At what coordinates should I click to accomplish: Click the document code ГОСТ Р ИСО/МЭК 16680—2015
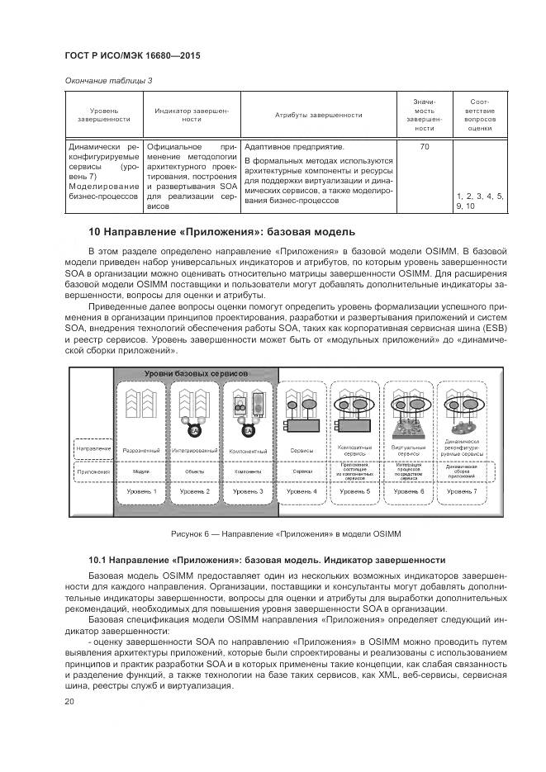pyautogui.click(x=132, y=56)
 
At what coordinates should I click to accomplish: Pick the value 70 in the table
pyautogui.click(x=424, y=146)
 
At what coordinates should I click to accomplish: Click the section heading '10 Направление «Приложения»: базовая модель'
pyautogui.click(x=221, y=230)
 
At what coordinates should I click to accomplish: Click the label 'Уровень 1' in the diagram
pyautogui.click(x=141, y=491)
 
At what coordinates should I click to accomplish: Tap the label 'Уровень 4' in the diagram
pyautogui.click(x=302, y=491)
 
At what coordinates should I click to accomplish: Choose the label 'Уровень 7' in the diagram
pyautogui.click(x=463, y=491)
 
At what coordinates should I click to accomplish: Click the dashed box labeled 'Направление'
pyautogui.click(x=91, y=448)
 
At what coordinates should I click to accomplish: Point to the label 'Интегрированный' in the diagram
pyautogui.click(x=195, y=451)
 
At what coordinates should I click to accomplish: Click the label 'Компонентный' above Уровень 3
pyautogui.click(x=249, y=451)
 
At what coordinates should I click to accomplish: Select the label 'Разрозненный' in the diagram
pyautogui.click(x=141, y=451)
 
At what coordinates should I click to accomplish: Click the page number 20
pyautogui.click(x=69, y=702)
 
